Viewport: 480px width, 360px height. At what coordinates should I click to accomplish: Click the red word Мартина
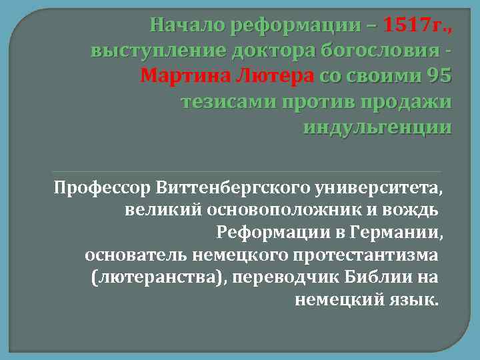182,77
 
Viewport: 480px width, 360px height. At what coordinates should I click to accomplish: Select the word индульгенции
377,127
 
